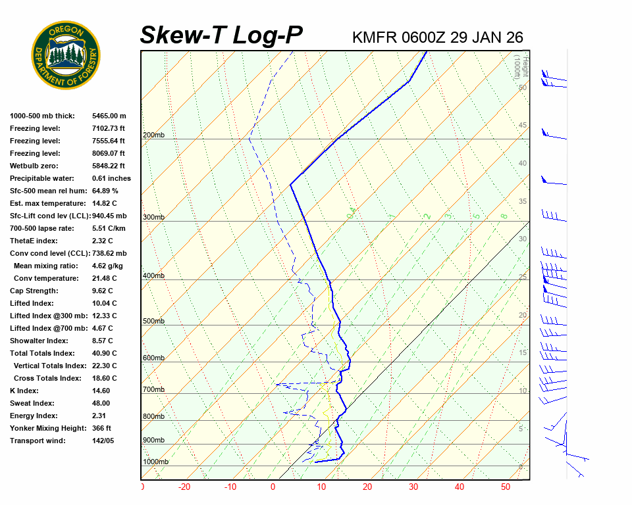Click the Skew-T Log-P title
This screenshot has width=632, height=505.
(221, 35)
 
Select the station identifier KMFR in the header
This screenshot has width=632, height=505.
(374, 37)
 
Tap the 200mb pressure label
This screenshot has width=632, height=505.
(153, 135)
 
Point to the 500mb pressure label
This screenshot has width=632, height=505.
(153, 322)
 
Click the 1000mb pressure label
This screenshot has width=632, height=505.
(155, 462)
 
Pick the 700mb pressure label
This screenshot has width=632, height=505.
(153, 390)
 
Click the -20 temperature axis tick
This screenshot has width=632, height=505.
(184, 487)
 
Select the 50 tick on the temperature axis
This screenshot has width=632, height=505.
(506, 487)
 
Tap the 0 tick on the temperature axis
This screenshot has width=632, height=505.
(273, 487)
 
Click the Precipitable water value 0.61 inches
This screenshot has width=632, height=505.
(111, 178)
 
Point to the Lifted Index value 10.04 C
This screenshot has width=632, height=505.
(104, 303)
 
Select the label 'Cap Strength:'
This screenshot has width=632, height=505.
(34, 291)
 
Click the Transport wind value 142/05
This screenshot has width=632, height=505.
(103, 441)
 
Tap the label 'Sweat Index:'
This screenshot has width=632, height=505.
(32, 403)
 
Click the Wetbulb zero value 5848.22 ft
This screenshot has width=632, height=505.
(108, 166)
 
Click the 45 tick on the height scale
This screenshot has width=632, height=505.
(523, 126)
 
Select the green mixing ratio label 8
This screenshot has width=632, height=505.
(504, 216)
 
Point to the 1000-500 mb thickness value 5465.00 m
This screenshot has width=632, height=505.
(109, 116)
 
